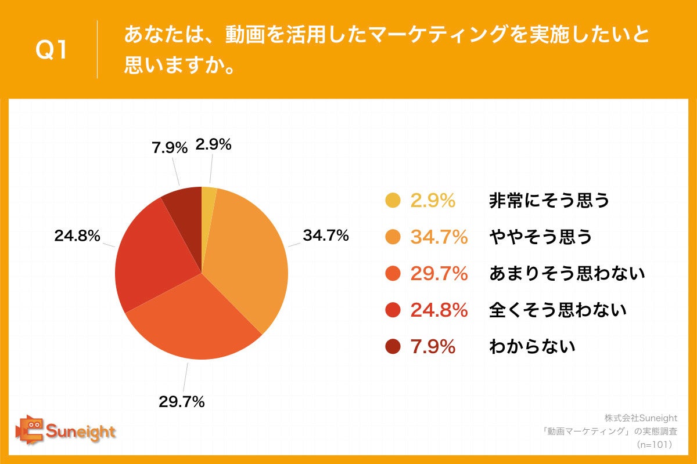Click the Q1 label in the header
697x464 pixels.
point(52,50)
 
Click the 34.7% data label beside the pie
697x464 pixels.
point(325,235)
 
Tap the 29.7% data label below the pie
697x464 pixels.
point(182,401)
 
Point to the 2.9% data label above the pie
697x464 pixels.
point(213,144)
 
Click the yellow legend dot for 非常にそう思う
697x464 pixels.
point(393,201)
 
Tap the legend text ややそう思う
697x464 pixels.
point(541,237)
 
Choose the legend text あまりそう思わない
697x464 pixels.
point(567,273)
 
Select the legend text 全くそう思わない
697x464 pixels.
point(558,310)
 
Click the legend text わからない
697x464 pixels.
point(532,347)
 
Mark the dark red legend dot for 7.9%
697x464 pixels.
point(393,347)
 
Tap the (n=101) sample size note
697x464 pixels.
point(654,444)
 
